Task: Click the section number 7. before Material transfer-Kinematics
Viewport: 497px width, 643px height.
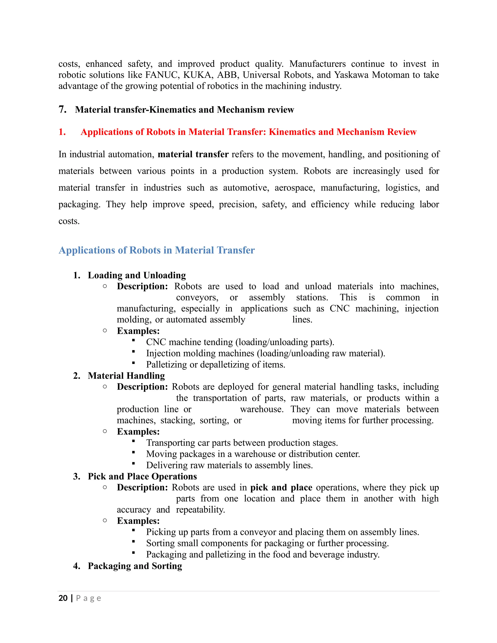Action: click(62, 109)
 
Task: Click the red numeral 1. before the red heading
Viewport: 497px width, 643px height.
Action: click(62, 132)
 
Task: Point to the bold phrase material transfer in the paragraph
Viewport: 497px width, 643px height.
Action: click(193, 154)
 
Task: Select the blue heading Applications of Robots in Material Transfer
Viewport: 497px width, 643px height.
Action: click(157, 250)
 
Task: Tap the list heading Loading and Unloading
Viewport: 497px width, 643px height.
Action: click(137, 275)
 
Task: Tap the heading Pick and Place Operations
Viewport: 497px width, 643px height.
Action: click(142, 476)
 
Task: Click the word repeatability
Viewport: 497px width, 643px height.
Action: click(200, 510)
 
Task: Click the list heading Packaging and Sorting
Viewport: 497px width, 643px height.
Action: click(135, 566)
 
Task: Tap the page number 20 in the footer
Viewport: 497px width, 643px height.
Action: click(63, 598)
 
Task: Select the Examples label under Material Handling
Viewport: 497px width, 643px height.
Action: click(138, 432)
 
